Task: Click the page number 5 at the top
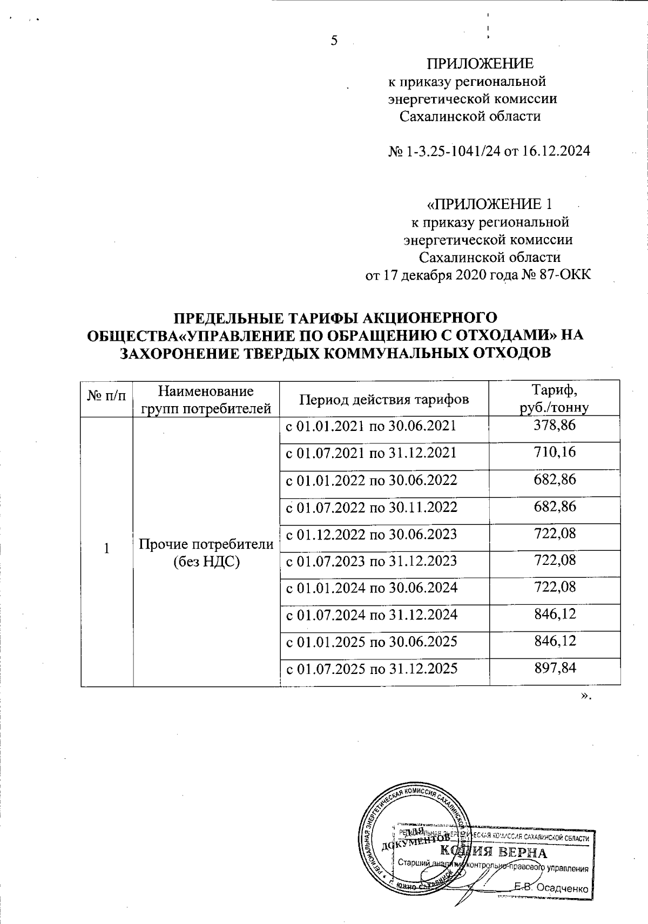[333, 41]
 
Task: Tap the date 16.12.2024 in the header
[555, 151]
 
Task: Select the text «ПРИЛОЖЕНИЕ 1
[490, 204]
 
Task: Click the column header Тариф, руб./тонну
[554, 399]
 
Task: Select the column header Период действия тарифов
[384, 399]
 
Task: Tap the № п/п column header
[106, 398]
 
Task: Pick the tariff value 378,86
[554, 426]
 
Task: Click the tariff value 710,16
[554, 452]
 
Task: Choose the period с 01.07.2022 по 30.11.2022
[372, 507]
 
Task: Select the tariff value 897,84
[554, 669]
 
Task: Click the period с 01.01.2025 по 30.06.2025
[372, 642]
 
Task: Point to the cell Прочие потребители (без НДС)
[206, 552]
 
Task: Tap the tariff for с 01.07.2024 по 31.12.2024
[554, 614]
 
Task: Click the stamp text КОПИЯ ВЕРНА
[493, 853]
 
